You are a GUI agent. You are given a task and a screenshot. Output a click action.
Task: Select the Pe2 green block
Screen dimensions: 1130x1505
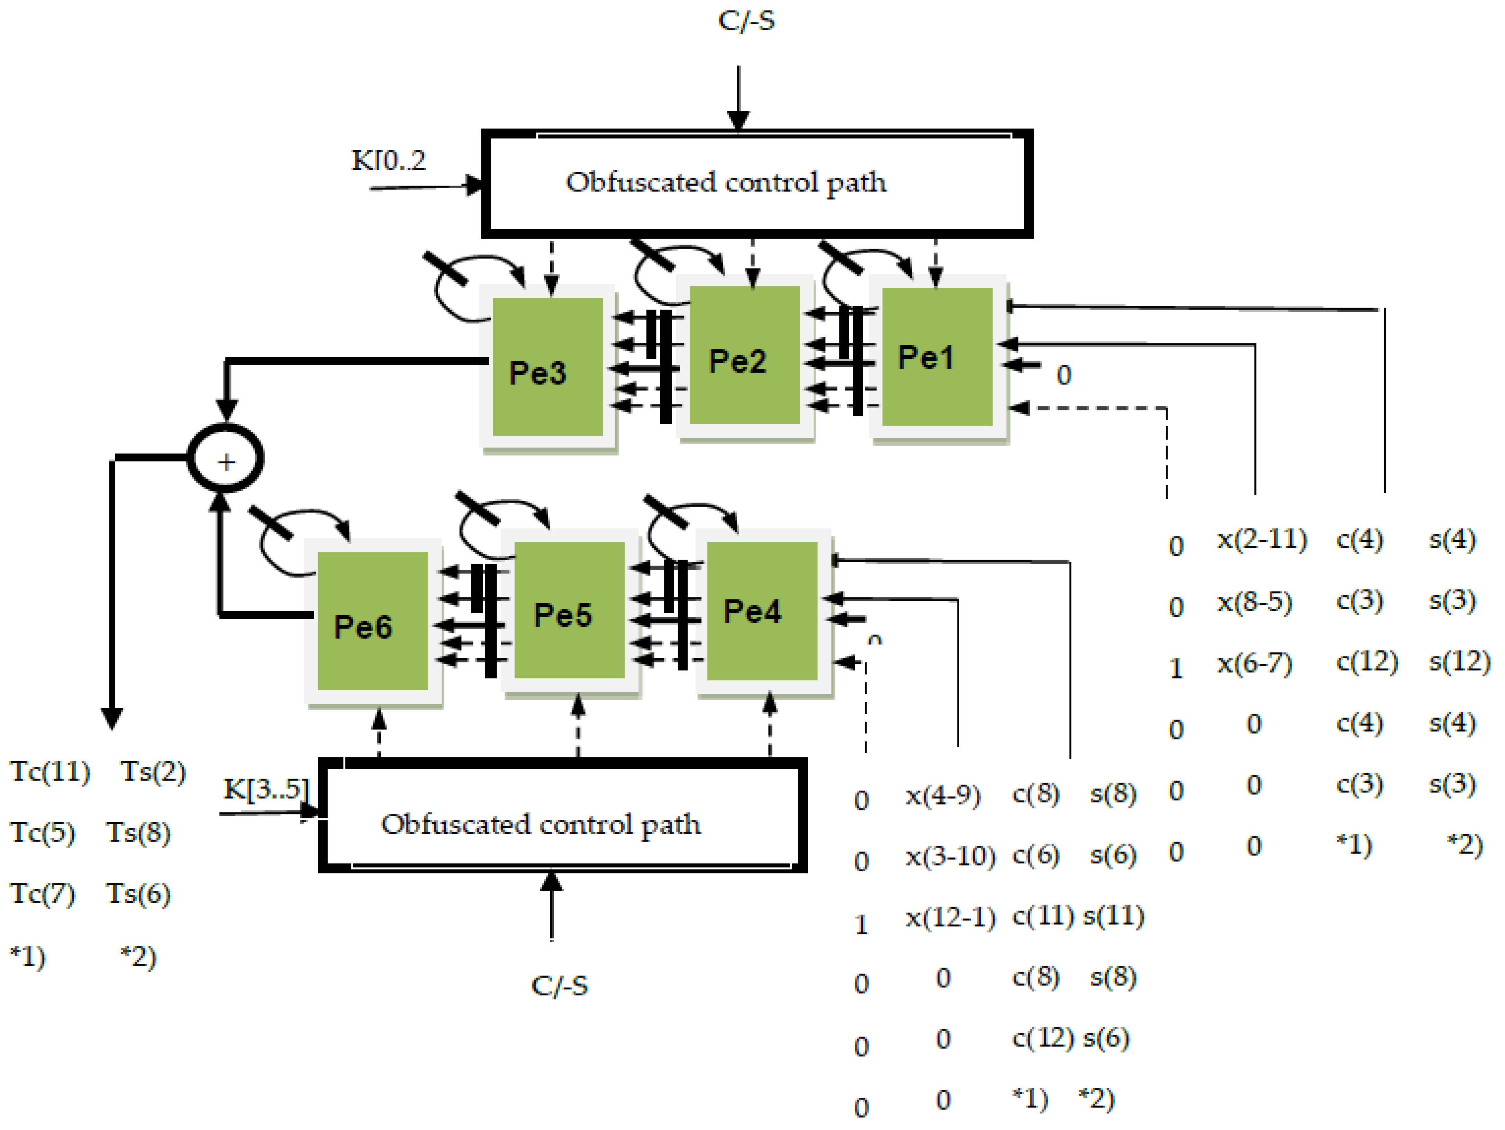744,355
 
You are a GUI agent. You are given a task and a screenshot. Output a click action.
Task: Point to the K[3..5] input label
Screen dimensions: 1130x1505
266,789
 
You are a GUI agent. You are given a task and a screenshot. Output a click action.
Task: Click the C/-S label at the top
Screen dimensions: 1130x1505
746,20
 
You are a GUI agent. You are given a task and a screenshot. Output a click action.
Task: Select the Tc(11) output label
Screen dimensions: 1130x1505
50,771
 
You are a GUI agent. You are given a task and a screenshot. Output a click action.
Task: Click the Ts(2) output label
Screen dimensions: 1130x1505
153,771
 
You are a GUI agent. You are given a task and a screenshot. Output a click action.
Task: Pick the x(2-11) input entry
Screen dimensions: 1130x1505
1261,539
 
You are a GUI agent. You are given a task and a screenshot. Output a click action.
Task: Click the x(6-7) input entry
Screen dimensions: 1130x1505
1254,662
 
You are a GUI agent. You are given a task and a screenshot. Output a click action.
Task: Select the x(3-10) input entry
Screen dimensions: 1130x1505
950,856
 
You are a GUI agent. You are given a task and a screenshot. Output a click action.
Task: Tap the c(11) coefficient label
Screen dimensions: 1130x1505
1042,916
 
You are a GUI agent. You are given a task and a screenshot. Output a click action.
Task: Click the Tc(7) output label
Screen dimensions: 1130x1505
42,894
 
